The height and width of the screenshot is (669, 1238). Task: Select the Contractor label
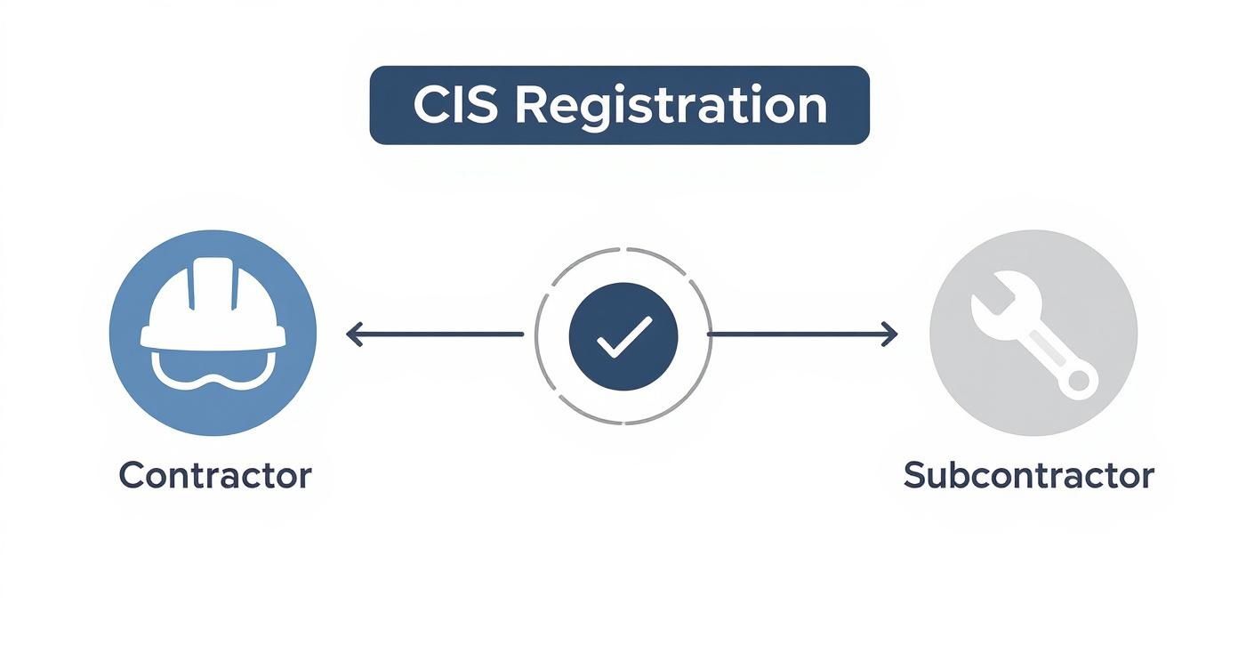click(215, 475)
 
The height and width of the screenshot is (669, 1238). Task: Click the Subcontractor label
click(1029, 475)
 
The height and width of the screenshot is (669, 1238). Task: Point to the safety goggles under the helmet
click(213, 369)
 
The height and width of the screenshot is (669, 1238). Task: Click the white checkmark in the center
click(624, 336)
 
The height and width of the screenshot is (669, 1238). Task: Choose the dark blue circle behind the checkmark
click(623, 336)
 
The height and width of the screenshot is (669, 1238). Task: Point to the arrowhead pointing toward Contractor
click(354, 334)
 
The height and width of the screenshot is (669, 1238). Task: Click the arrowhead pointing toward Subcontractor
click(889, 334)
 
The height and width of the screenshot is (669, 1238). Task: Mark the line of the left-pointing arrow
click(435, 334)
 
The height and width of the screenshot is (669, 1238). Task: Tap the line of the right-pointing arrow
click(802, 334)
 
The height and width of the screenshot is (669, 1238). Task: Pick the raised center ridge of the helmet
click(213, 282)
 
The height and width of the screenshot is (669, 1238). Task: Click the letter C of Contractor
click(133, 475)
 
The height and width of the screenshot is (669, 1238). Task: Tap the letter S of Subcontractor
click(917, 475)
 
